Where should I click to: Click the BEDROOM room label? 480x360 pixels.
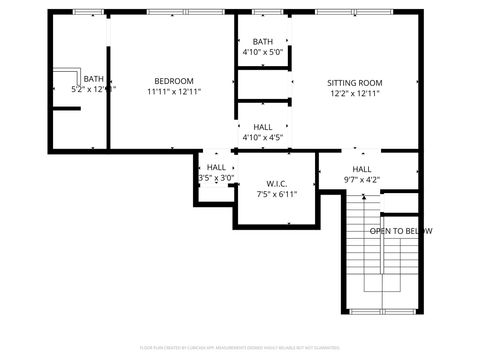click(x=173, y=81)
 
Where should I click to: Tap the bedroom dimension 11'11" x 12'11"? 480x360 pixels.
click(x=173, y=92)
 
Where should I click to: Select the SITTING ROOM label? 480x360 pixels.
click(x=354, y=83)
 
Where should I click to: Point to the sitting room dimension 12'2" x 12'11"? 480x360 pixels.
click(x=354, y=94)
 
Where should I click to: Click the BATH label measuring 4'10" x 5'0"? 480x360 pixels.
click(x=262, y=41)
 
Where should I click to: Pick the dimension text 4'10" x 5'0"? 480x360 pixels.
click(x=262, y=52)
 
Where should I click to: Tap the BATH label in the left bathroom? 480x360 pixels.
click(x=93, y=79)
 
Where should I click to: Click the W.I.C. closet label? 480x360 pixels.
click(x=277, y=183)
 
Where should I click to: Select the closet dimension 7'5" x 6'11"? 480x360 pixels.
click(x=277, y=195)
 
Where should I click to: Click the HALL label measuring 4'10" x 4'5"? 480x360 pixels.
click(x=263, y=127)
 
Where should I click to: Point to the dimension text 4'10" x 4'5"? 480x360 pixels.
click(x=263, y=138)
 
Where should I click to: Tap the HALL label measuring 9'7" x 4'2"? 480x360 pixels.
click(x=361, y=169)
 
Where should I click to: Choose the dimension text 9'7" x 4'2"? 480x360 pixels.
click(x=361, y=181)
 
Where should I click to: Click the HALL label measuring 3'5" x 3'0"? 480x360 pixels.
click(x=216, y=167)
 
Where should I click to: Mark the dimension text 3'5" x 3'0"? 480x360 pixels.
click(x=216, y=178)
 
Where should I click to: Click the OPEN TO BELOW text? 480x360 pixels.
click(x=400, y=231)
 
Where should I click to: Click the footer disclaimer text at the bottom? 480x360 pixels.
click(x=239, y=348)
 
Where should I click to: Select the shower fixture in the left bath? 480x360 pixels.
click(x=68, y=83)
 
